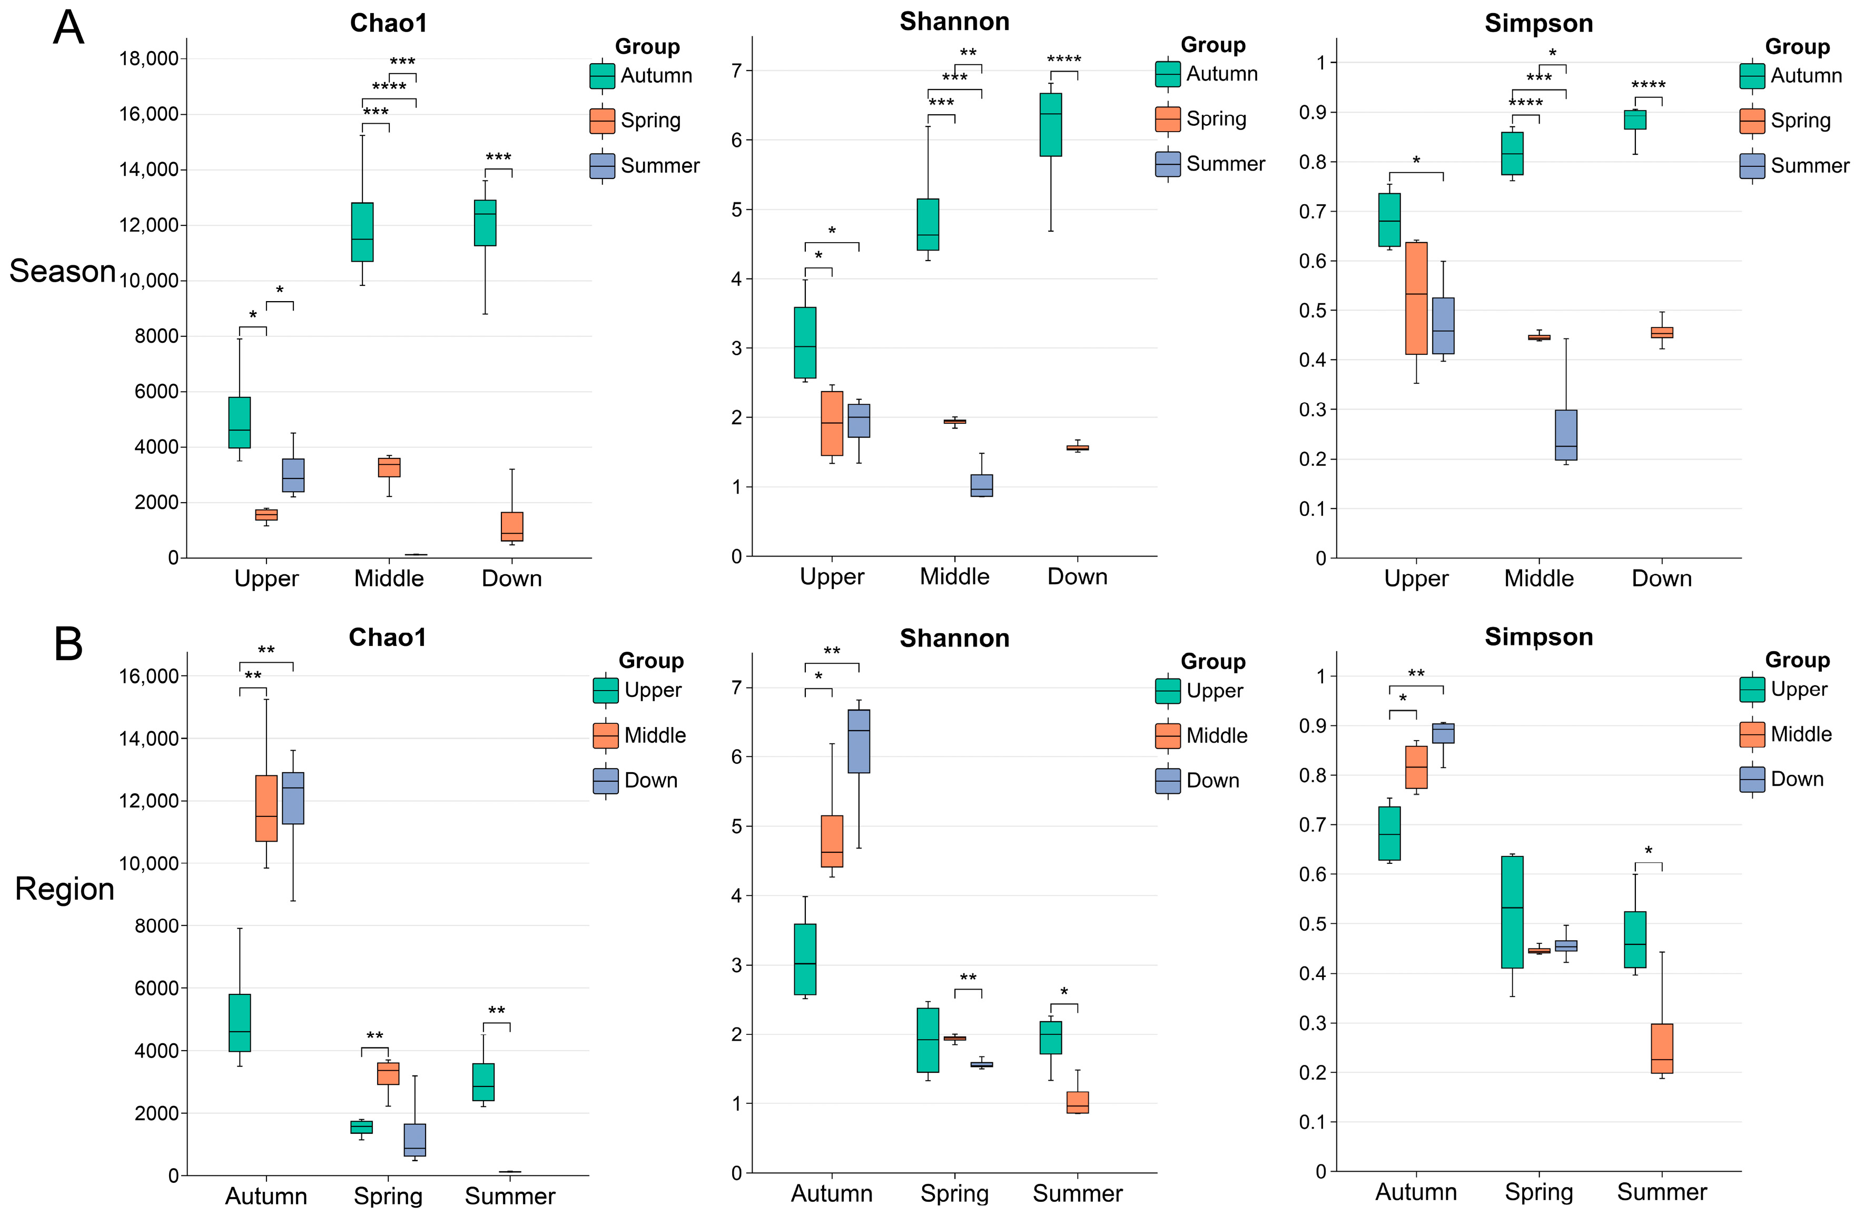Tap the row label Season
[62, 271]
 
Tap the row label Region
[65, 889]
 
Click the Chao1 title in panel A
[388, 23]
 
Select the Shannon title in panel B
[954, 638]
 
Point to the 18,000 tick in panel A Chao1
[148, 58]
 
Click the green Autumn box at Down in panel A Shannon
[1051, 125]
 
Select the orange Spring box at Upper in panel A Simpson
[1416, 298]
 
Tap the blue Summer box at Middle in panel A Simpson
[1566, 435]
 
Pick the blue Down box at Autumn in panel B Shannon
[859, 741]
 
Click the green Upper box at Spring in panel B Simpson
[1512, 912]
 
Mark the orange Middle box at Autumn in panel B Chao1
[267, 808]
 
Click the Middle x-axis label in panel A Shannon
[954, 576]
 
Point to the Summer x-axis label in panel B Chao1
[510, 1196]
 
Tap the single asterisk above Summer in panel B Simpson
[1649, 851]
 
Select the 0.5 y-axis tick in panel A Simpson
[1314, 310]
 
